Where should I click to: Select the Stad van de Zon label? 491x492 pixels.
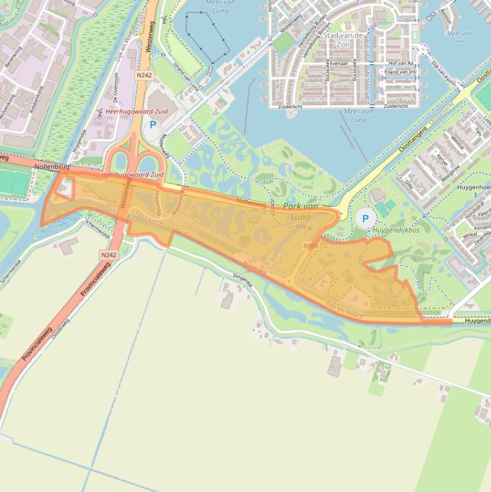[343, 36]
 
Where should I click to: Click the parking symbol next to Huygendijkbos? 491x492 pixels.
[365, 219]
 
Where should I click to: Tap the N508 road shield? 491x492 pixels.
[311, 246]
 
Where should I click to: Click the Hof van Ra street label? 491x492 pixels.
[402, 63]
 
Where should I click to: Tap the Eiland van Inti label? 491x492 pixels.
[400, 72]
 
